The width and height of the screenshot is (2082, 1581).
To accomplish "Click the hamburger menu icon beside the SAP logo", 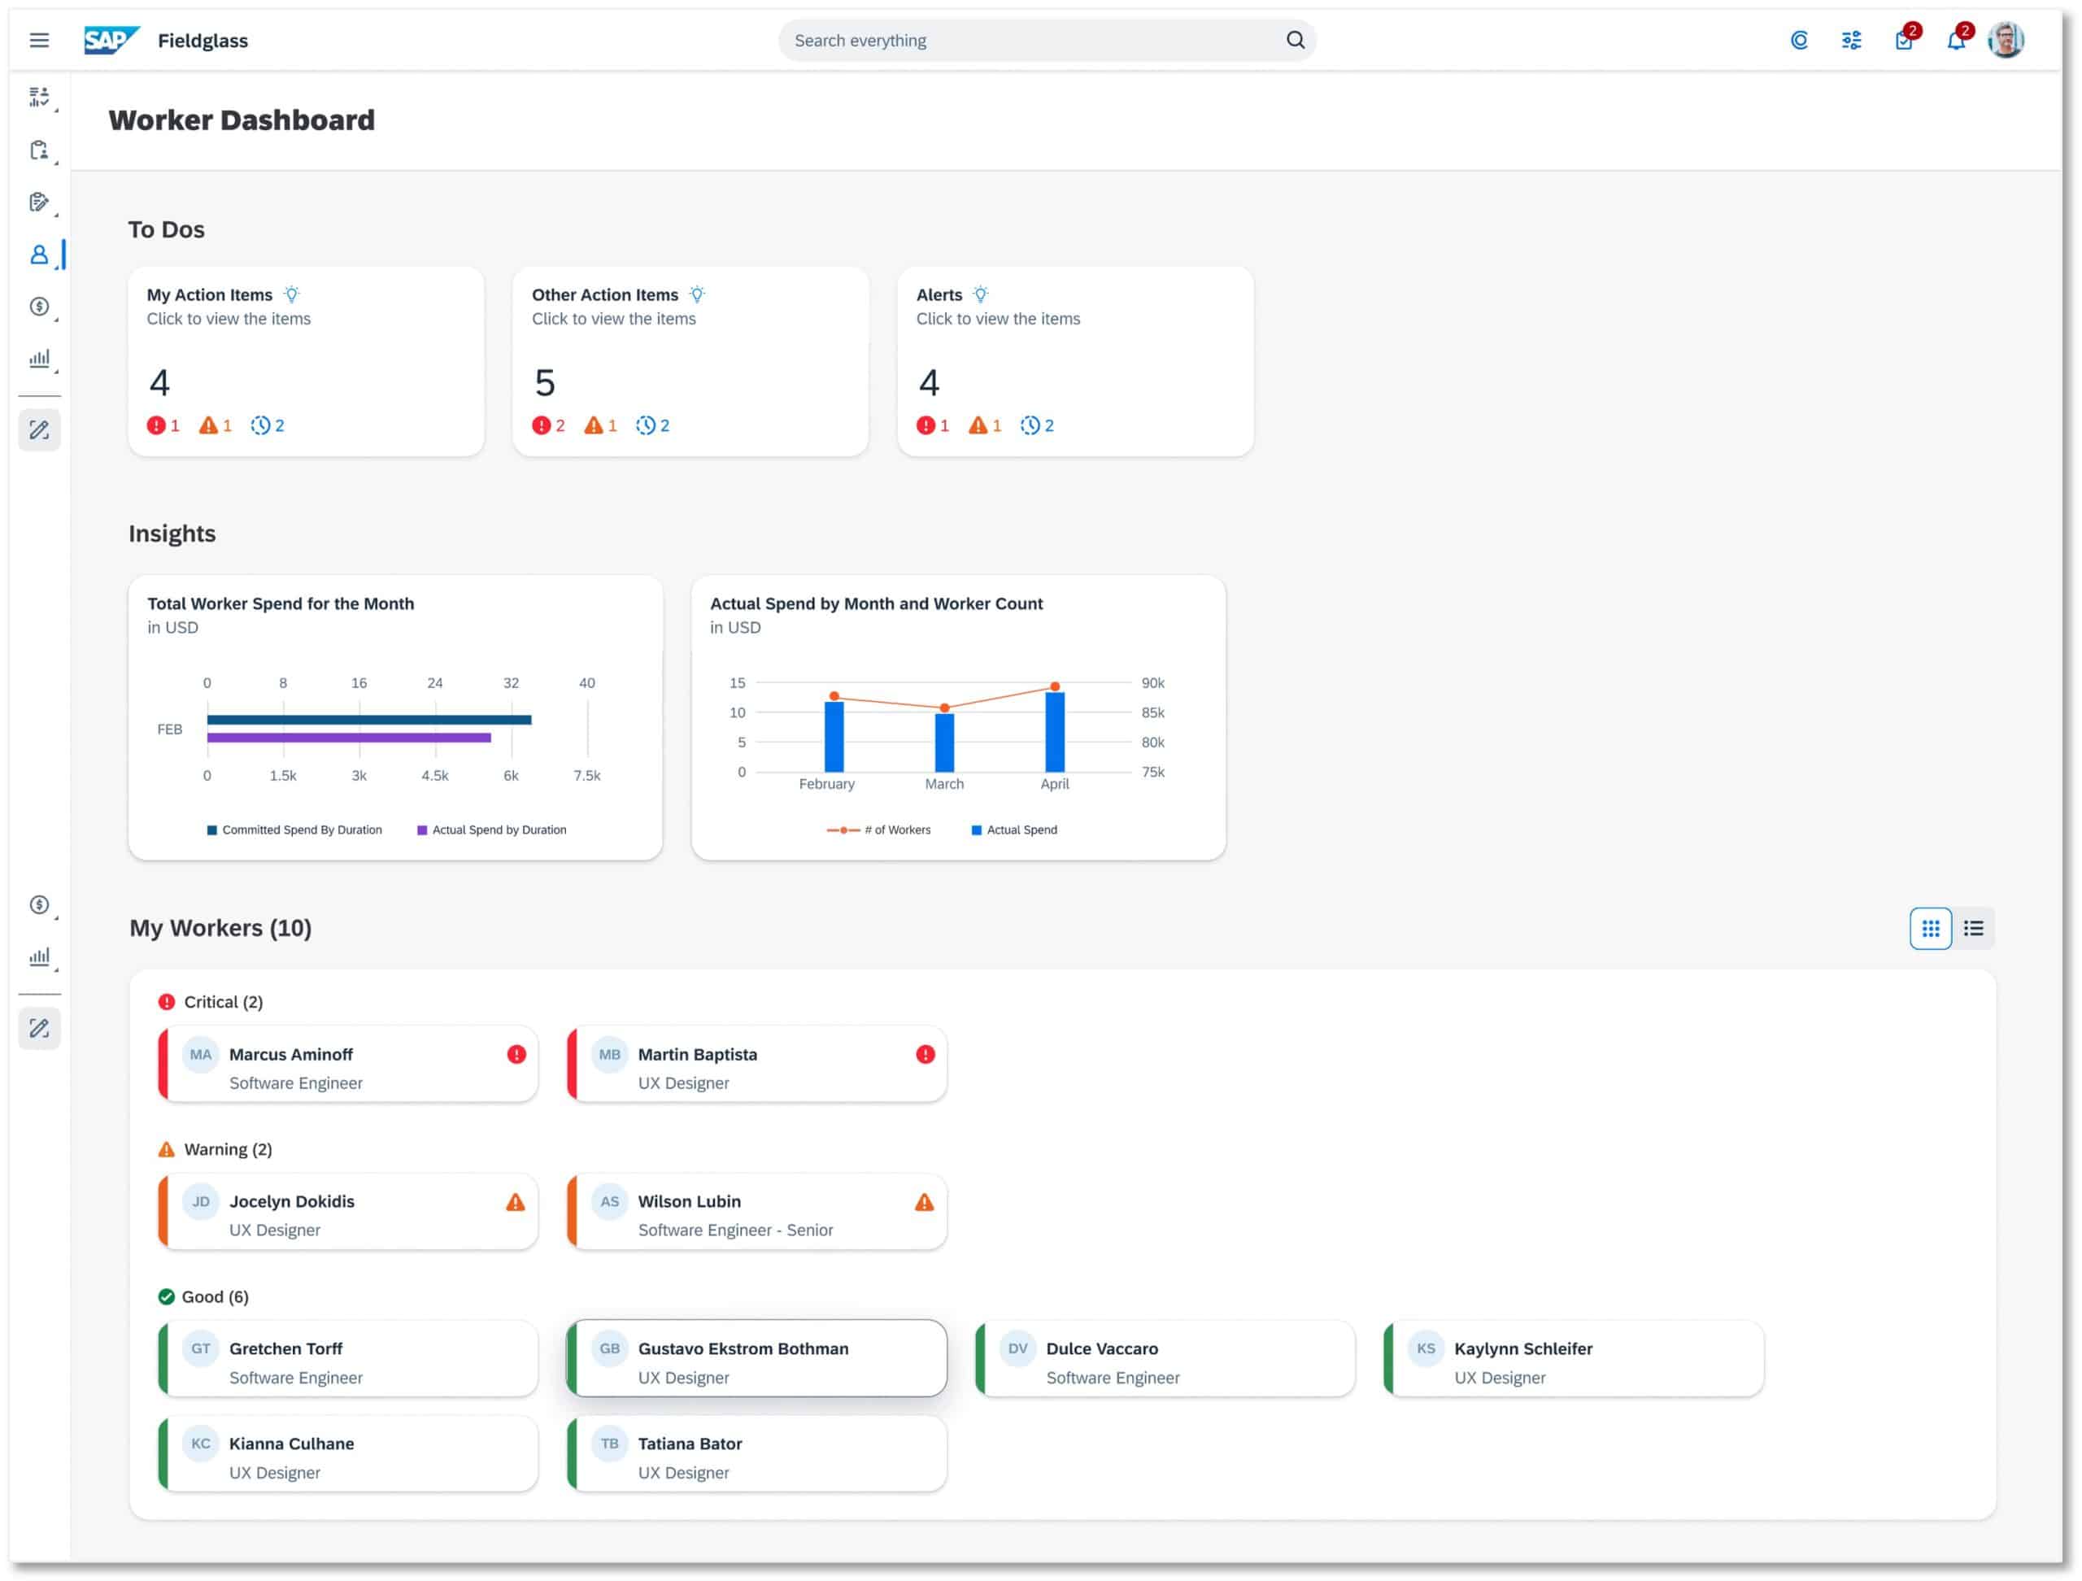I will [x=38, y=41].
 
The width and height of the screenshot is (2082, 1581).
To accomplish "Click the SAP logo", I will [x=111, y=41].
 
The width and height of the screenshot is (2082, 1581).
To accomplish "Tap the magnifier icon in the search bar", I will [x=1295, y=41].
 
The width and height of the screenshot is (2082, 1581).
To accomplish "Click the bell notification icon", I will [x=1955, y=41].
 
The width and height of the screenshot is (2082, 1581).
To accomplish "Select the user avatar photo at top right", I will [x=2005, y=41].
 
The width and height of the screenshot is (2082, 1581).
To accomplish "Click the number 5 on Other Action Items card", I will [x=544, y=383].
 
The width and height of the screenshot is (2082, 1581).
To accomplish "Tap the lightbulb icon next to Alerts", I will [x=980, y=294].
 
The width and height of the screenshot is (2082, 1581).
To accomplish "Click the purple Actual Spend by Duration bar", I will [x=348, y=738].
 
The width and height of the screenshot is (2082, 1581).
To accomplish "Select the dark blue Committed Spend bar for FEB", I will [x=369, y=720].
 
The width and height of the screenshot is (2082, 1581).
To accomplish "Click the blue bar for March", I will [x=944, y=743].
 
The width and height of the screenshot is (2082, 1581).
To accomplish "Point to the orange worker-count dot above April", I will [x=1055, y=687].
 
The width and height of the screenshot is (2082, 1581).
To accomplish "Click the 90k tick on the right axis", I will [x=1152, y=683].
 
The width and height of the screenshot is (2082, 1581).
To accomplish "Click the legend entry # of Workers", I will [x=878, y=830].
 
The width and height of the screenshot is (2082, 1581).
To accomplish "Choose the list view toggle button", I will [x=1973, y=929].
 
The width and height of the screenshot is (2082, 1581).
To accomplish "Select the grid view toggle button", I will [x=1930, y=929].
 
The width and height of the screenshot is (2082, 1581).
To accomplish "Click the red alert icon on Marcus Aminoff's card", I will [x=516, y=1055].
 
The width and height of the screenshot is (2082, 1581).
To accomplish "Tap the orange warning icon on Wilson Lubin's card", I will [x=924, y=1202].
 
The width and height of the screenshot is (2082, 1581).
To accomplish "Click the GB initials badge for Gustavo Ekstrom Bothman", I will [x=609, y=1348].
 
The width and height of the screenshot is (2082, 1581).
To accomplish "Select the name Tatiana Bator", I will [x=689, y=1444].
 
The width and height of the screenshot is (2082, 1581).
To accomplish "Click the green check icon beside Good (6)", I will [x=167, y=1297].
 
